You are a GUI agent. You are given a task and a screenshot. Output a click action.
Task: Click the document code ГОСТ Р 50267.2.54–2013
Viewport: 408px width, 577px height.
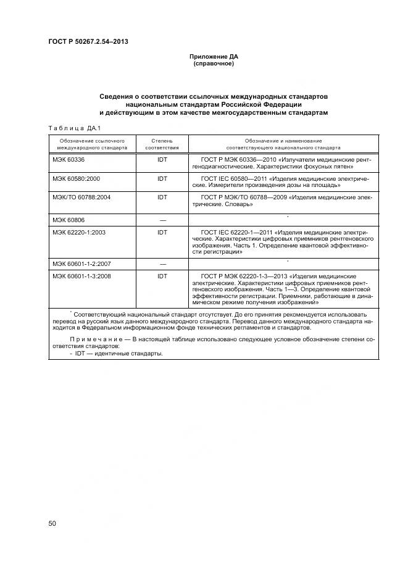point(88,42)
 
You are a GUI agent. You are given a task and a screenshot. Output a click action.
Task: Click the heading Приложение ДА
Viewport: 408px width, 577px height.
point(213,57)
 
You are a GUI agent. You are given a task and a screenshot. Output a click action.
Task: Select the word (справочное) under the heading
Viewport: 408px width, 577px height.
point(213,64)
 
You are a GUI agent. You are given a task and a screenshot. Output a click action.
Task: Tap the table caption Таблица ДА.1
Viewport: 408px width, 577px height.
point(74,128)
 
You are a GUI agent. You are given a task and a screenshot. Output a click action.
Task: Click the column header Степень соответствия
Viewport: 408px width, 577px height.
point(162,144)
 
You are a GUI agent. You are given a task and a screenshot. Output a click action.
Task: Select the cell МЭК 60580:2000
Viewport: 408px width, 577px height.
point(76,178)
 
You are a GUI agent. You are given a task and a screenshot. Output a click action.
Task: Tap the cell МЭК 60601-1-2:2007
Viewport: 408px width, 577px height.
point(81,264)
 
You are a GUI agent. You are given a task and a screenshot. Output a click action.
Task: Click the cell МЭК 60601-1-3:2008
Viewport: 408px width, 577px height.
point(81,276)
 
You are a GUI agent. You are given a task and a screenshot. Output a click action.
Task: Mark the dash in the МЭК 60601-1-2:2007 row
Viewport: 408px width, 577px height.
point(162,264)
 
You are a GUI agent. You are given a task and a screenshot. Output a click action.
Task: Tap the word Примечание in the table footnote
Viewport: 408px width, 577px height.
point(96,339)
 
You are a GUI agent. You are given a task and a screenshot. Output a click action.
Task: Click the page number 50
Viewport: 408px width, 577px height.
point(52,523)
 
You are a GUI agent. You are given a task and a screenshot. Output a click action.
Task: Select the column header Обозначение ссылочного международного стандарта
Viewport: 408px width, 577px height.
point(92,144)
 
